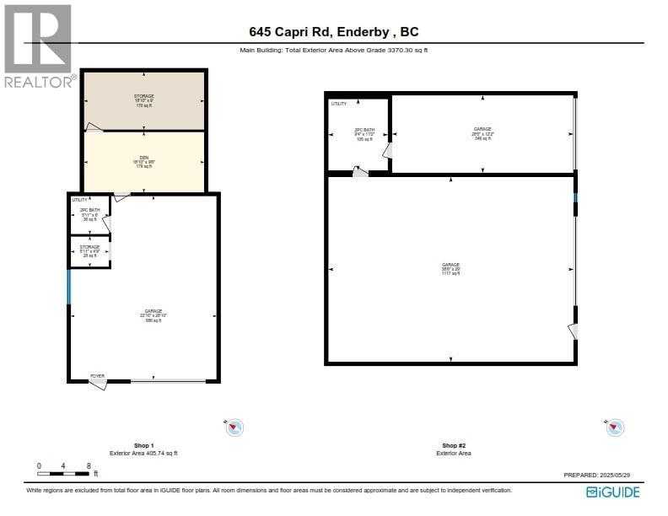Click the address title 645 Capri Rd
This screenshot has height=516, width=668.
(x=334, y=32)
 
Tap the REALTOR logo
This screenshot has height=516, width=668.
(x=38, y=46)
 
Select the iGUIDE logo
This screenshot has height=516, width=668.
(x=613, y=492)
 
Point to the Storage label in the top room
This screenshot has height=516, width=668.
(x=143, y=101)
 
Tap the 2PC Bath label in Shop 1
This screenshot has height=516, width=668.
(x=89, y=214)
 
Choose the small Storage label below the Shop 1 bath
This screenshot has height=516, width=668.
(x=89, y=250)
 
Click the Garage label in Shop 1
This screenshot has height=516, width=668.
(x=152, y=315)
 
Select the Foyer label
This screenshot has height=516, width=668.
(x=100, y=375)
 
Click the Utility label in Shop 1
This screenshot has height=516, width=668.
(x=79, y=199)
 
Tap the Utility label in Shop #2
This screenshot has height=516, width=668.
(x=338, y=104)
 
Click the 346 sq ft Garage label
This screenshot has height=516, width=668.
(x=482, y=133)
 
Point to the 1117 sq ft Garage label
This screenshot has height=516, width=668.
(x=451, y=269)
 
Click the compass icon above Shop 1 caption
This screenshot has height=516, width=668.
(x=234, y=428)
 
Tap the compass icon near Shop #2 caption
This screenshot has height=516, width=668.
(x=615, y=428)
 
